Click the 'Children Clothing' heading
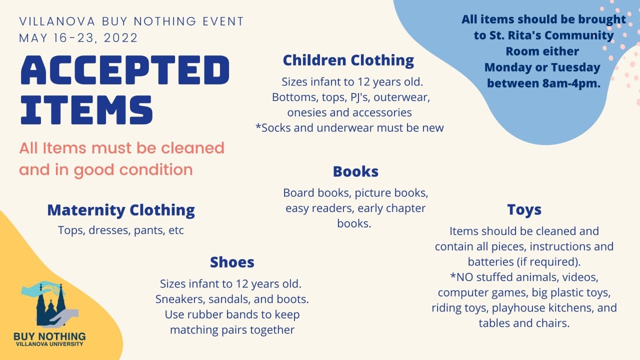(x=348, y=60)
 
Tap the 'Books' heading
(x=355, y=171)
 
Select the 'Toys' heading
(x=524, y=209)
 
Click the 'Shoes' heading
(x=232, y=262)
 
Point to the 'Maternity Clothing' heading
(x=121, y=210)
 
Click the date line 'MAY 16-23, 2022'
(x=78, y=38)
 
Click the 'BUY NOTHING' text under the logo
(x=49, y=336)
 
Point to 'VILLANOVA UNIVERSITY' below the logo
(x=49, y=344)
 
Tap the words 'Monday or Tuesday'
(x=542, y=67)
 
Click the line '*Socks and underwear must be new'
(x=349, y=127)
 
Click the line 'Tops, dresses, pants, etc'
(x=121, y=230)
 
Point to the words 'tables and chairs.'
(x=524, y=323)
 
